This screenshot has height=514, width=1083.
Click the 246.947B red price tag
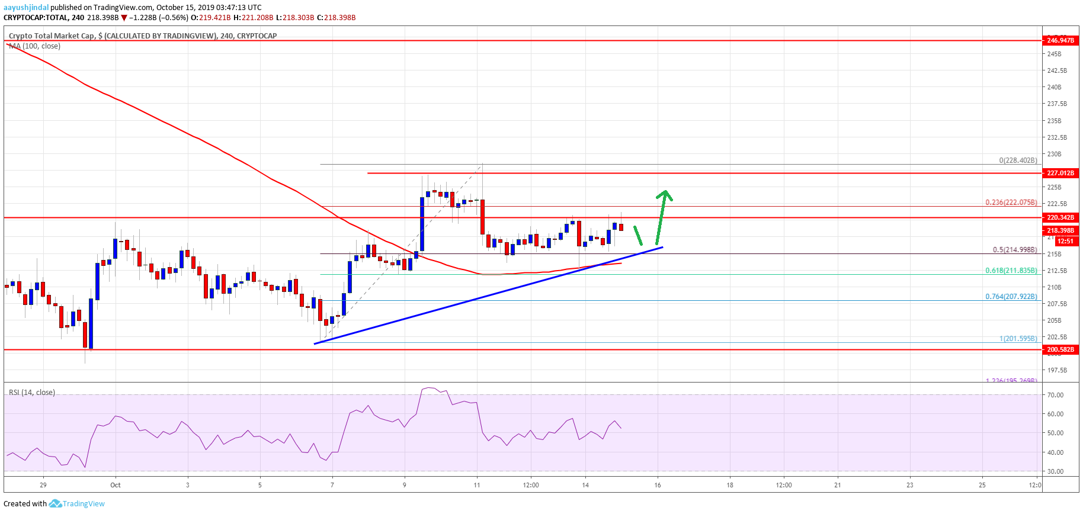[x=1060, y=40]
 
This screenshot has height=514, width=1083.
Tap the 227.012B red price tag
[x=1060, y=173]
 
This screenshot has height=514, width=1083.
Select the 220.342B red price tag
[x=1060, y=217]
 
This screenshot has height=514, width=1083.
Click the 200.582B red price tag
[x=1060, y=349]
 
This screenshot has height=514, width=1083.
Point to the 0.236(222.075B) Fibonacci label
[x=1011, y=203]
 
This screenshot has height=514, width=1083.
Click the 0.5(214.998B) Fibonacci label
[x=1014, y=250]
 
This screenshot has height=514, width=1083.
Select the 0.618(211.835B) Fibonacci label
[x=1011, y=271]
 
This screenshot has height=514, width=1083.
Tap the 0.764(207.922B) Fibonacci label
[x=1011, y=297]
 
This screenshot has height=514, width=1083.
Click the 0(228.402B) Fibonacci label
[x=1018, y=160]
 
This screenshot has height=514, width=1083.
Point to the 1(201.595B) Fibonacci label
[x=1018, y=339]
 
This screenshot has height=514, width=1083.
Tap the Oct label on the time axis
[x=116, y=485]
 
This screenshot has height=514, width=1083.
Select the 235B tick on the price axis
[x=1054, y=121]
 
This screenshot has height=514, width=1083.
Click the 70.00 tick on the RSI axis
[x=1055, y=395]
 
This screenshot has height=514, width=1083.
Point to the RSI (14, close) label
[x=32, y=393]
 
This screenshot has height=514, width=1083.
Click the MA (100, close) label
[x=34, y=46]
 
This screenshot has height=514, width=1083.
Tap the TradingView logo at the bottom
[x=77, y=504]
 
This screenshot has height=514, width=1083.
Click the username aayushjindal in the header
[x=26, y=8]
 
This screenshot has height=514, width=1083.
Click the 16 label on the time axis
[x=658, y=485]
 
